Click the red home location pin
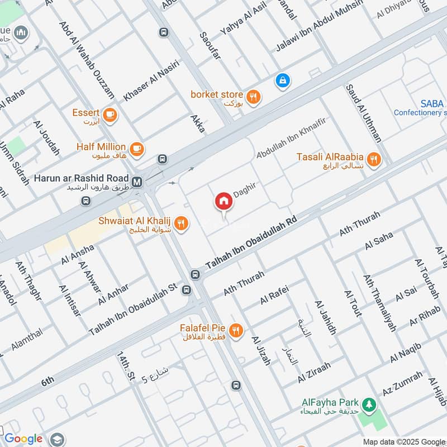[x=223, y=201]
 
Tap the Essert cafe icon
[x=110, y=114]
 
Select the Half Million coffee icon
[x=137, y=149]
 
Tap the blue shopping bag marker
[x=283, y=80]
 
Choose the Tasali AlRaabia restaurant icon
[x=374, y=160]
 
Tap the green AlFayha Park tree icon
[x=368, y=403]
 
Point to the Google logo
[x=23, y=439]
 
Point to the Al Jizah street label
[x=261, y=351]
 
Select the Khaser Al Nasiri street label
[x=151, y=80]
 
